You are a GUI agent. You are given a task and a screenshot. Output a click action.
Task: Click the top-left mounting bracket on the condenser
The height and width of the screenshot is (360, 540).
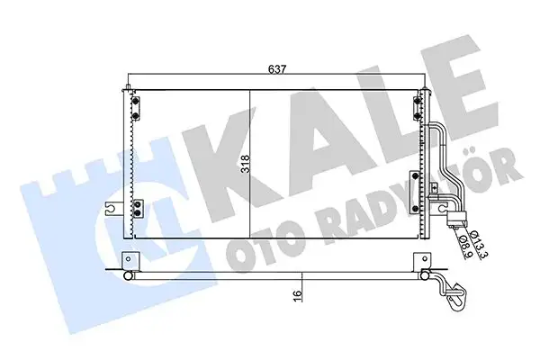click(135, 105)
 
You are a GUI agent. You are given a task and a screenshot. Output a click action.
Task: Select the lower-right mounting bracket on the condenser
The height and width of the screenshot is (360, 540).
click(414, 179)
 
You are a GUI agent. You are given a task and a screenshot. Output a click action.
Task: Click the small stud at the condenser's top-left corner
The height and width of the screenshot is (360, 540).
click(130, 88)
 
